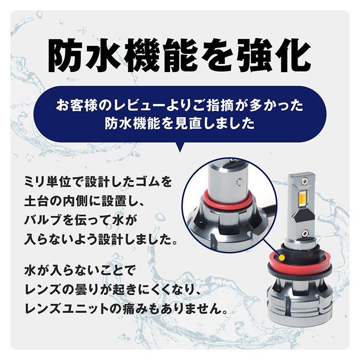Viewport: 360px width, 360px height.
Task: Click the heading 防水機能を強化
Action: coord(180,55)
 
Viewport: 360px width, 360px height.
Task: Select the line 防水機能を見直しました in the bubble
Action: coord(180,124)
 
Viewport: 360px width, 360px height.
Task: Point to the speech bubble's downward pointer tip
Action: coord(180,151)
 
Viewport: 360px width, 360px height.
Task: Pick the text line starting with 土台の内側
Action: coord(85,201)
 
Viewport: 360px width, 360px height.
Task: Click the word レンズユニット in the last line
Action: coord(71,310)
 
